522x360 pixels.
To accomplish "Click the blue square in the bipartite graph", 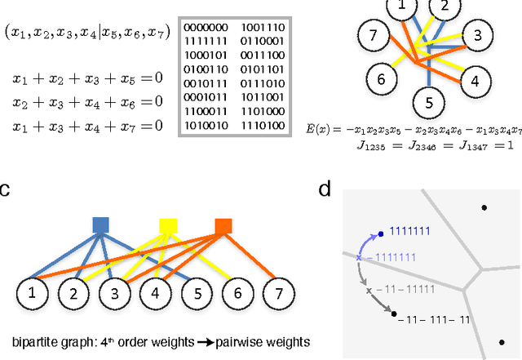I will pyautogui.click(x=101, y=224).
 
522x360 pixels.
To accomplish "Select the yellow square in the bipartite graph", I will pyautogui.click(x=168, y=224).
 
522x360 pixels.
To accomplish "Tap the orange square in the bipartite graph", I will pyautogui.click(x=222, y=224).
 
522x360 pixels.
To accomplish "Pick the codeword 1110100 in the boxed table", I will pyautogui.click(x=263, y=127).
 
